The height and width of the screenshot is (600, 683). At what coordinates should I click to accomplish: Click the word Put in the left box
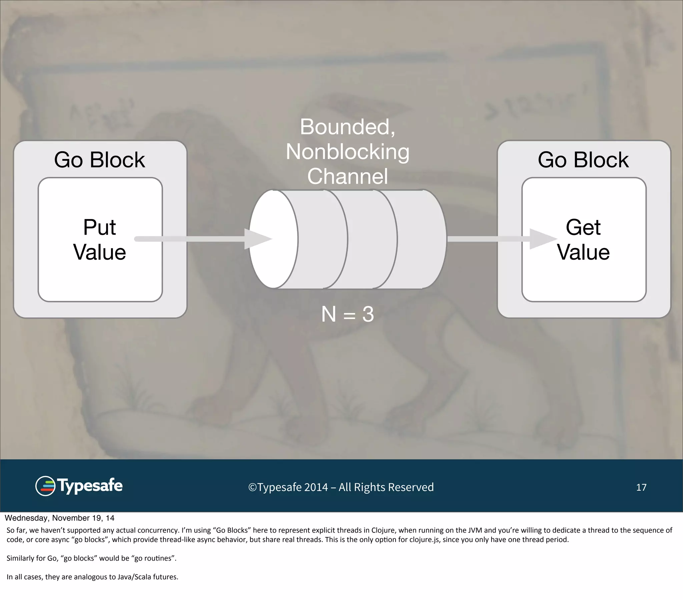point(99,228)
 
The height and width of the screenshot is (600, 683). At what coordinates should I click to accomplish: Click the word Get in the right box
point(583,228)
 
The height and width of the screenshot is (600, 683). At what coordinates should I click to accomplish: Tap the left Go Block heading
point(99,160)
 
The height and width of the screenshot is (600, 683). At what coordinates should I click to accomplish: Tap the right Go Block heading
point(583,160)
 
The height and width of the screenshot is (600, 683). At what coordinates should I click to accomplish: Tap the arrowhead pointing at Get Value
point(541,239)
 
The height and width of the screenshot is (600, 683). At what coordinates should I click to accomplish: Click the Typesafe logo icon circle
point(45,486)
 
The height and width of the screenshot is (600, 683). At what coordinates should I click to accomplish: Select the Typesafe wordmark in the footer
point(90,486)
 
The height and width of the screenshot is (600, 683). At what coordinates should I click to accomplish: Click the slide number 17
point(641,487)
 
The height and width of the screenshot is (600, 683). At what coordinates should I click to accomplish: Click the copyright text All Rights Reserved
point(386,487)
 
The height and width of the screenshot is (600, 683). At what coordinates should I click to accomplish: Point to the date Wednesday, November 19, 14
point(59,518)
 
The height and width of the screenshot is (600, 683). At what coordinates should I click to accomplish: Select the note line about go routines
point(91,558)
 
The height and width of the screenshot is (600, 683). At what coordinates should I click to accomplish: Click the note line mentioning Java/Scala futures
point(92,577)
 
